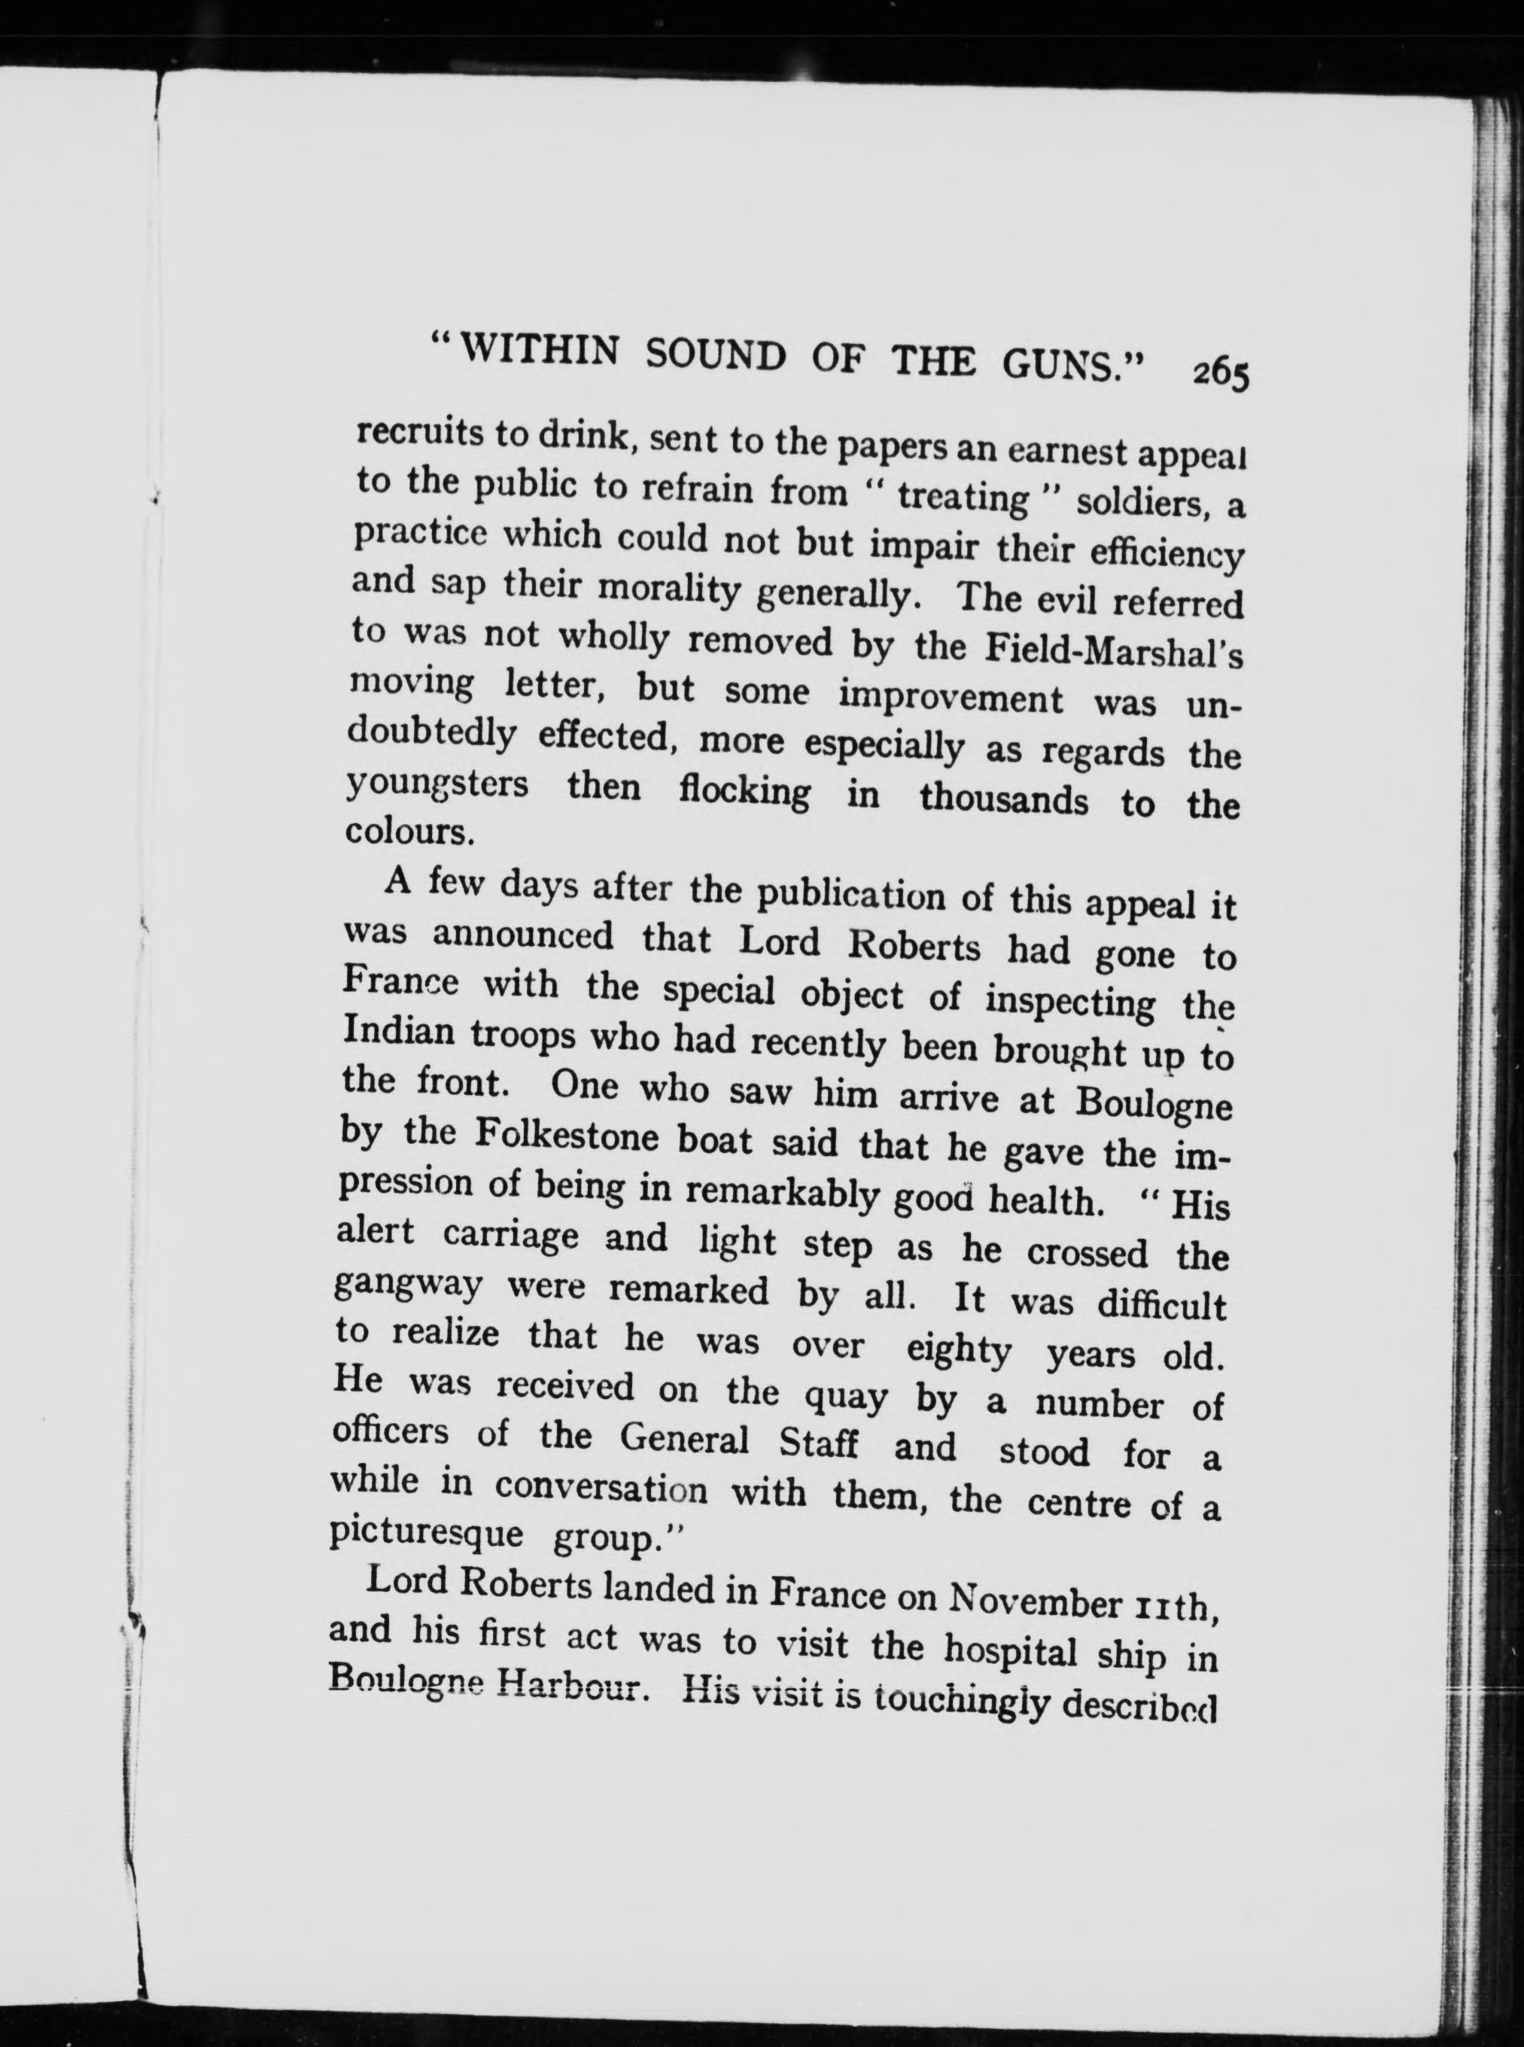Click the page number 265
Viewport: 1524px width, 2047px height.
(x=1219, y=376)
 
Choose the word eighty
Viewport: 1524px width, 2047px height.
(x=959, y=1352)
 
